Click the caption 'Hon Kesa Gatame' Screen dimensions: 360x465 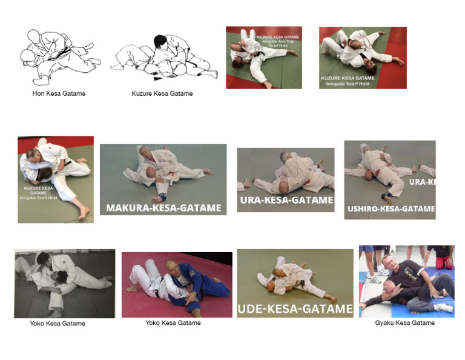(x=59, y=94)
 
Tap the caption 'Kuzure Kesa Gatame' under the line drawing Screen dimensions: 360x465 (x=162, y=94)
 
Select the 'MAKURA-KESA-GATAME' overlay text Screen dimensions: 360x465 (x=163, y=208)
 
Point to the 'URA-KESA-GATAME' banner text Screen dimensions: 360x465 (x=286, y=200)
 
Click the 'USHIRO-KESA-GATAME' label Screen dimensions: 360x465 (x=391, y=209)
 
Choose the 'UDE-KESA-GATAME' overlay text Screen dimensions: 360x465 (x=295, y=309)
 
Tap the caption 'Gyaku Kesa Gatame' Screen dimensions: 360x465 (x=404, y=323)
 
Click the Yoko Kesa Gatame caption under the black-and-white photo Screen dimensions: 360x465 (x=58, y=324)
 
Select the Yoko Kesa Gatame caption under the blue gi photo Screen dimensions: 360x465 (x=173, y=323)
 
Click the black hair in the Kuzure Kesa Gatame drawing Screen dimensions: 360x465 (x=160, y=41)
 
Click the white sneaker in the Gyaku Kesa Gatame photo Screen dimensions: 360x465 (x=443, y=308)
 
